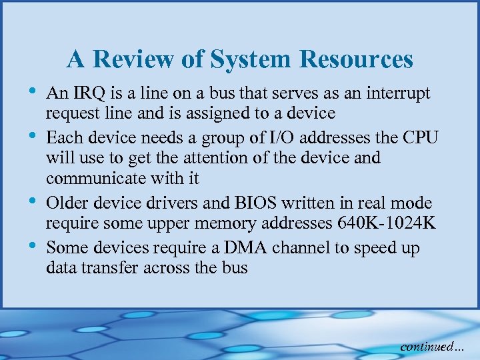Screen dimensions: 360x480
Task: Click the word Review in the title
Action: coord(136,60)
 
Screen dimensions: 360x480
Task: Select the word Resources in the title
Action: coord(356,60)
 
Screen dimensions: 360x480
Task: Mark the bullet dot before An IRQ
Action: coord(35,89)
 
